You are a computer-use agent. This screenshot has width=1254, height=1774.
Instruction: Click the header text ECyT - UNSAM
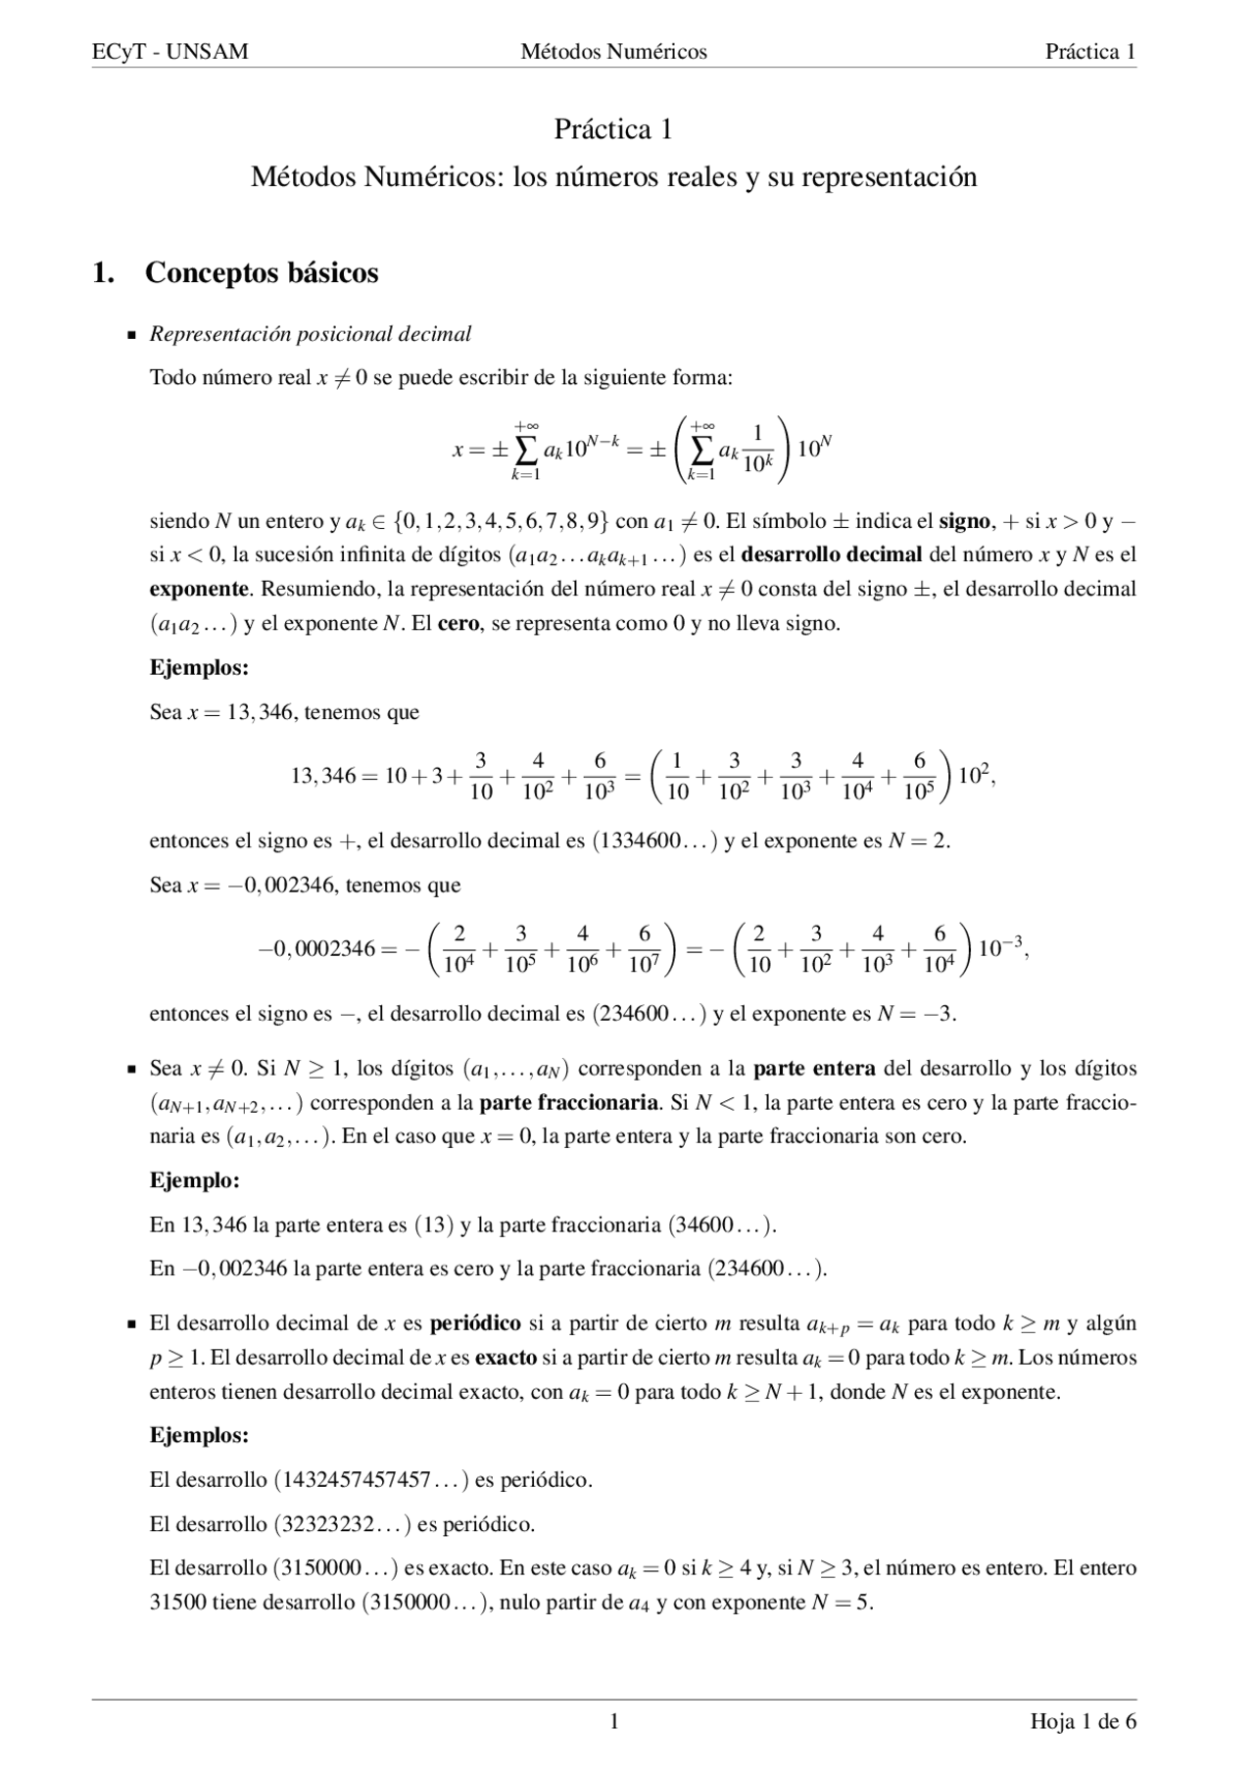(169, 52)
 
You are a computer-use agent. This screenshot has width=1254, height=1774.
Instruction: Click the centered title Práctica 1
(613, 129)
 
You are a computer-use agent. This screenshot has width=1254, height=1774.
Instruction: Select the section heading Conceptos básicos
(262, 272)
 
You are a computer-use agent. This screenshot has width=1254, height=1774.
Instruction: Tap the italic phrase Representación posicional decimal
(310, 334)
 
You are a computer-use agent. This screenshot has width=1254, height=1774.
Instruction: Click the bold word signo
(964, 520)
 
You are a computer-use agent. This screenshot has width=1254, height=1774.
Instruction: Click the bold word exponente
(199, 589)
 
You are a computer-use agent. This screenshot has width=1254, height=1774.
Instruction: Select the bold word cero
(458, 623)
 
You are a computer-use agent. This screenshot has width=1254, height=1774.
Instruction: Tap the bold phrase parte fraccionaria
(568, 1102)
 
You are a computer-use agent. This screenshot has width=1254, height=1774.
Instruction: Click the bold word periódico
(475, 1323)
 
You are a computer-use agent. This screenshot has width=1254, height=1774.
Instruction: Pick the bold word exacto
(506, 1358)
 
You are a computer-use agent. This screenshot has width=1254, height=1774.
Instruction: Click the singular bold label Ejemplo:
(195, 1180)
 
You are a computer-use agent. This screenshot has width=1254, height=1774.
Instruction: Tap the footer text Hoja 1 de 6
(1083, 1721)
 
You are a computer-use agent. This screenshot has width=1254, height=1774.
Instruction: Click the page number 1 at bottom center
(614, 1721)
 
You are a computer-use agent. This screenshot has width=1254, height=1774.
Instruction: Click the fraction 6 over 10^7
(644, 949)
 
